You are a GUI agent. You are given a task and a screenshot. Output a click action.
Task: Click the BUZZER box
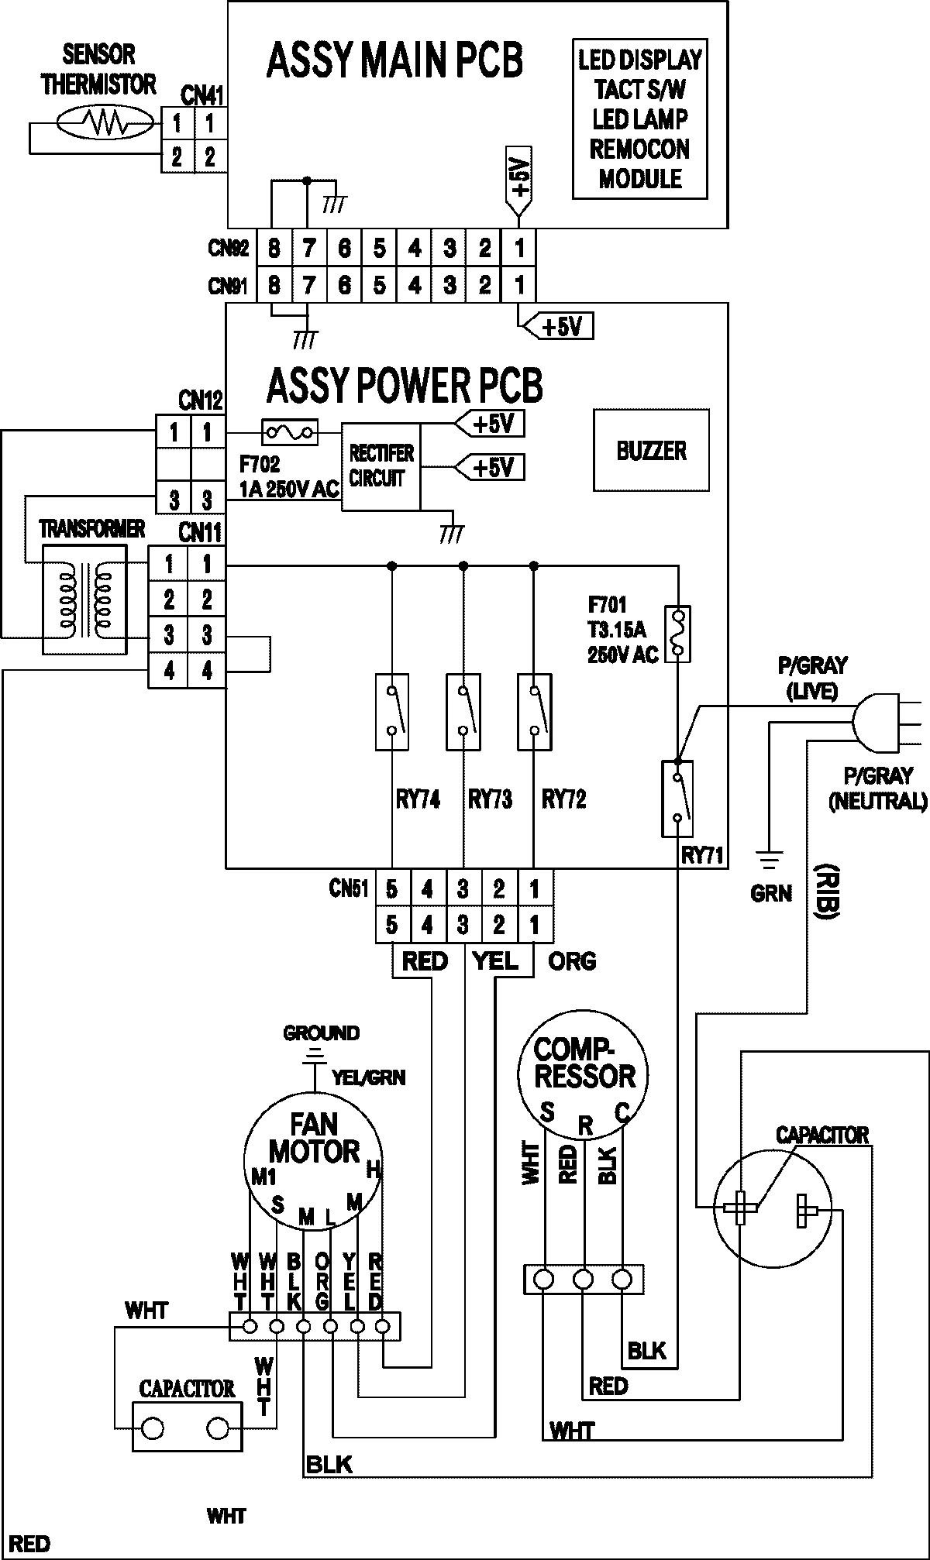click(651, 450)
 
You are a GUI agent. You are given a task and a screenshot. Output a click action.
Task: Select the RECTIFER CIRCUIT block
click(381, 466)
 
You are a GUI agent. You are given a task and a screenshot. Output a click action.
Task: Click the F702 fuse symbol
click(290, 432)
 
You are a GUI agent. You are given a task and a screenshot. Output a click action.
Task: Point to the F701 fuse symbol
click(678, 634)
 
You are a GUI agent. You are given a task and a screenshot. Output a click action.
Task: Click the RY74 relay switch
click(392, 712)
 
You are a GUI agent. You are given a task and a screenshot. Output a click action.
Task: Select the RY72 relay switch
click(534, 712)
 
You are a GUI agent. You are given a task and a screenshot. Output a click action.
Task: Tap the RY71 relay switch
click(677, 798)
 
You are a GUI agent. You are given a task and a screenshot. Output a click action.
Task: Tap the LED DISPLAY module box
click(640, 119)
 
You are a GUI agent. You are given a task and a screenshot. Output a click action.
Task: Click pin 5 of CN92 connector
click(380, 249)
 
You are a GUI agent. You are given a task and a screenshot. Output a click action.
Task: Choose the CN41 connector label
click(202, 96)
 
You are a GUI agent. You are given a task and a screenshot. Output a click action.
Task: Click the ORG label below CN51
click(572, 961)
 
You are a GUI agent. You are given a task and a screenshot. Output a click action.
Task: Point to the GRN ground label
click(770, 893)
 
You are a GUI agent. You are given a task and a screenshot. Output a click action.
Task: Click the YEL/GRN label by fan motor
click(368, 1077)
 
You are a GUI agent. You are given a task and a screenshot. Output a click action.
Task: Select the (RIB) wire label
click(831, 889)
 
